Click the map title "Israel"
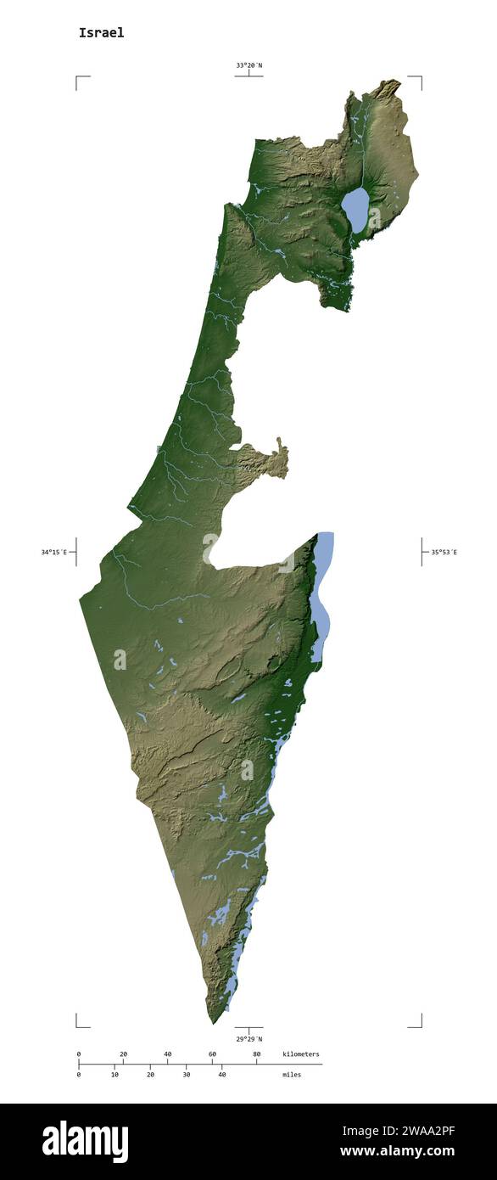pyautogui.click(x=101, y=33)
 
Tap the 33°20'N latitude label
pyautogui.click(x=248, y=65)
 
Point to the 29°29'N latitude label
pyautogui.click(x=248, y=1038)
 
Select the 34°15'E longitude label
pyautogui.click(x=53, y=552)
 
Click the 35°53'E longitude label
pyautogui.click(x=443, y=552)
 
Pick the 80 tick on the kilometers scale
pyautogui.click(x=256, y=1054)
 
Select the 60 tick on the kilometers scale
pyautogui.click(x=212, y=1054)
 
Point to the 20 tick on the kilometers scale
pyautogui.click(x=123, y=1054)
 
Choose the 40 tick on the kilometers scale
pyautogui.click(x=167, y=1054)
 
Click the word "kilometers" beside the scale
pyautogui.click(x=301, y=1054)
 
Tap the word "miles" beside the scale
pyautogui.click(x=292, y=1075)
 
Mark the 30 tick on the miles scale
pyautogui.click(x=187, y=1075)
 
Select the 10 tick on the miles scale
pyautogui.click(x=114, y=1075)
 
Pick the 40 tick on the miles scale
pyautogui.click(x=222, y=1075)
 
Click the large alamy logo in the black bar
pyautogui.click(x=85, y=1142)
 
